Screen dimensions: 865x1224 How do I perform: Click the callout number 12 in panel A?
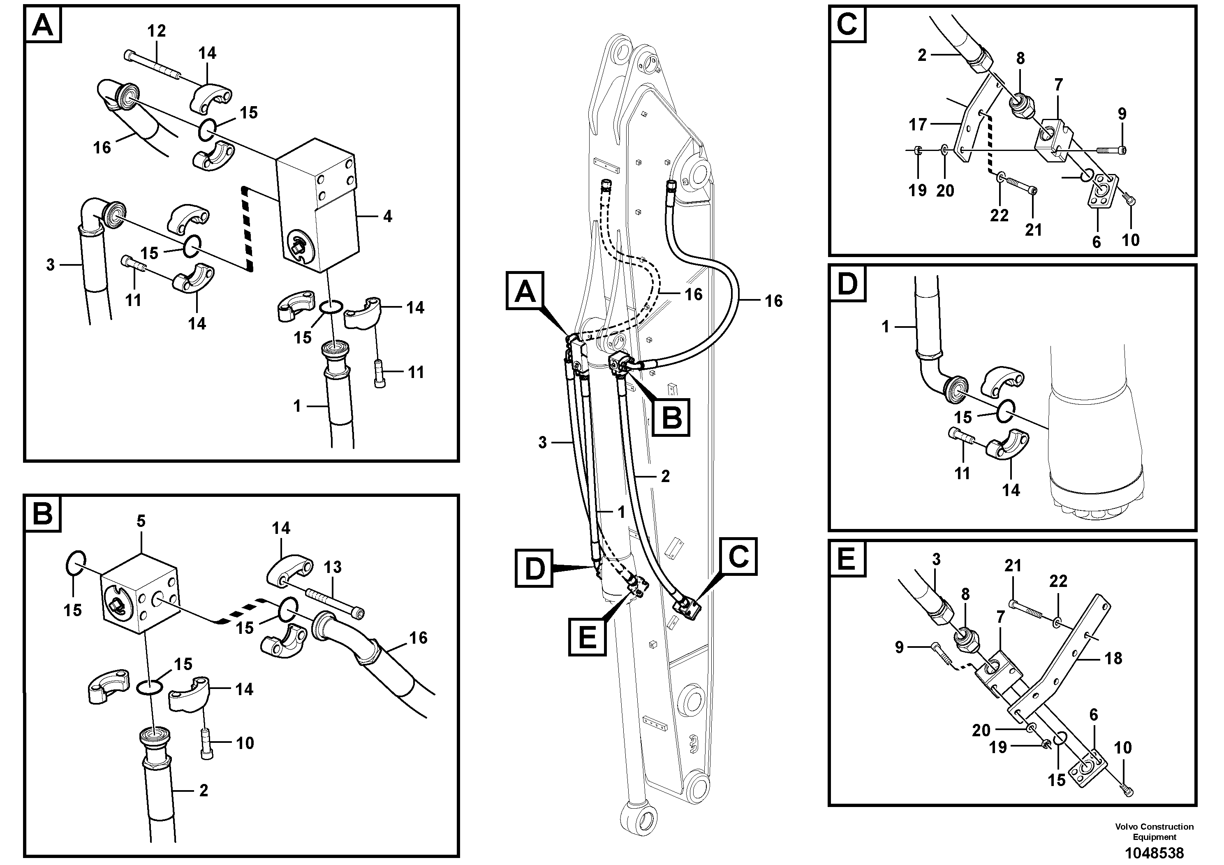click(156, 31)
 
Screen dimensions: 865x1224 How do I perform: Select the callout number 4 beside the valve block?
click(388, 216)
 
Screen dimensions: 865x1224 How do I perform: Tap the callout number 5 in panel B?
click(141, 521)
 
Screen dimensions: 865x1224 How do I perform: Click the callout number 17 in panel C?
click(917, 125)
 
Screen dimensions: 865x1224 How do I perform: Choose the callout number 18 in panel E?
click(1113, 658)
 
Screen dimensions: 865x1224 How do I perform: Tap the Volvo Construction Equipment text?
click(1154, 831)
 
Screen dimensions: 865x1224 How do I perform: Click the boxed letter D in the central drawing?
click(534, 569)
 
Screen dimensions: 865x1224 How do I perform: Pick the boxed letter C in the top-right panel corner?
click(847, 24)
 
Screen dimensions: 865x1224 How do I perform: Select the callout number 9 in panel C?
click(1122, 114)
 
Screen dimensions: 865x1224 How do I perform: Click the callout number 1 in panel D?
click(886, 326)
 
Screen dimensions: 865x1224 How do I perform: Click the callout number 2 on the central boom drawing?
click(665, 476)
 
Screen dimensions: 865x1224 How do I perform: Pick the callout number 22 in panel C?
click(999, 216)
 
